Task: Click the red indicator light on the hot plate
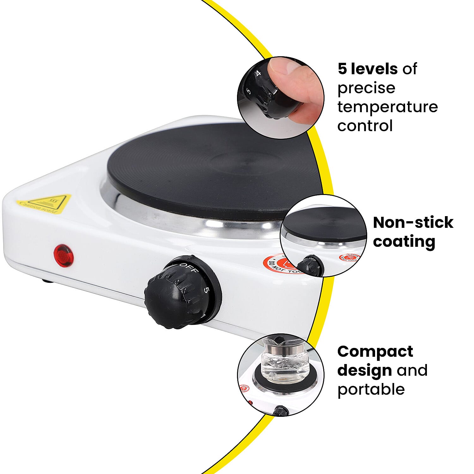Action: [x=64, y=255]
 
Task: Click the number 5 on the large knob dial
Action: [x=206, y=290]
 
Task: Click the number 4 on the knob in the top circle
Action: [x=258, y=73]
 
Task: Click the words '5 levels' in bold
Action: [x=368, y=69]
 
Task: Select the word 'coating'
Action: [x=404, y=241]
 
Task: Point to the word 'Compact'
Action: [x=375, y=351]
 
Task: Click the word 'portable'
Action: [x=371, y=389]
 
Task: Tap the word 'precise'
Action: [x=366, y=88]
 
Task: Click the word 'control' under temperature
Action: [x=365, y=125]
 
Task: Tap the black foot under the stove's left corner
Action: [x=47, y=281]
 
